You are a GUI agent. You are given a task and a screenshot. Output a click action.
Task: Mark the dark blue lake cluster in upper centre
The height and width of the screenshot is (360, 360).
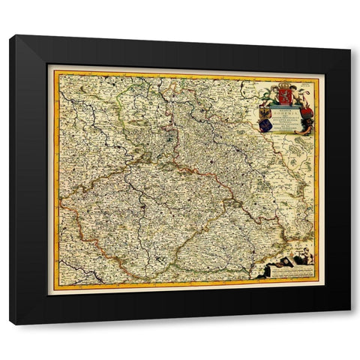[171, 135]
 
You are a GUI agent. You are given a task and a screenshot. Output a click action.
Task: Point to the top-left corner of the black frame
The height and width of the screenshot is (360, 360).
[10, 35]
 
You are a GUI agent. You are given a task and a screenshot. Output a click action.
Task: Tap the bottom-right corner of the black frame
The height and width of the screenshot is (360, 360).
[349, 324]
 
